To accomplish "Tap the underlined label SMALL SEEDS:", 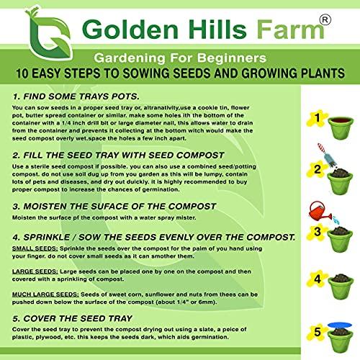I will point(35,246).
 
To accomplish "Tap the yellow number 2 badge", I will point(314,170).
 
